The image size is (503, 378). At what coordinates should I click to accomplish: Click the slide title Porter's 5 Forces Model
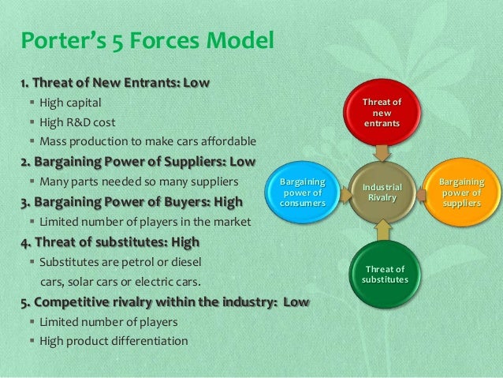tap(147, 38)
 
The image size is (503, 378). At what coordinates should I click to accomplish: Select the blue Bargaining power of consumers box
tap(301, 194)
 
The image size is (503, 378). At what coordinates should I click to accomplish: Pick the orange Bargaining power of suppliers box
tap(462, 193)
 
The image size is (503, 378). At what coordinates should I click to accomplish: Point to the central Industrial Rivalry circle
tap(382, 192)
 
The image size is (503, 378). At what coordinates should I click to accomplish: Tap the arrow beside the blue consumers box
tap(340, 193)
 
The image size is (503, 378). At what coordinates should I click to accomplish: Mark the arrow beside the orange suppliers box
tap(425, 193)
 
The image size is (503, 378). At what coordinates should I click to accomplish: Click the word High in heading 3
tap(225, 202)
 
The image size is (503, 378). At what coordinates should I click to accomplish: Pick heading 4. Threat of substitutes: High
tap(110, 241)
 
